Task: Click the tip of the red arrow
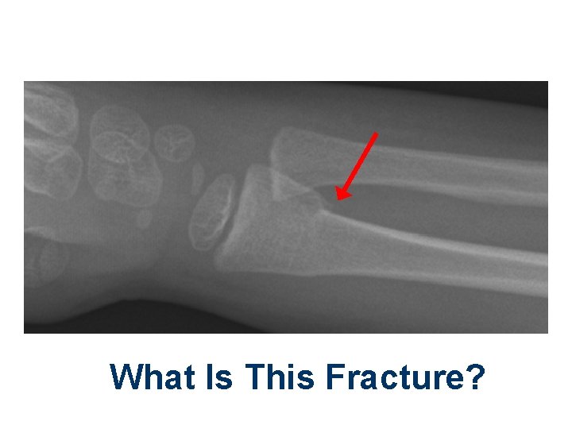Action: (x=337, y=198)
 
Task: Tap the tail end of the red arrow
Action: (x=376, y=133)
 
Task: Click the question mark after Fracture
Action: (x=474, y=377)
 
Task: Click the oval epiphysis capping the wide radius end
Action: (x=211, y=214)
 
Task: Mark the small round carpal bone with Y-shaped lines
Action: (x=174, y=143)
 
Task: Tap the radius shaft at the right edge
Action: (x=532, y=266)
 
